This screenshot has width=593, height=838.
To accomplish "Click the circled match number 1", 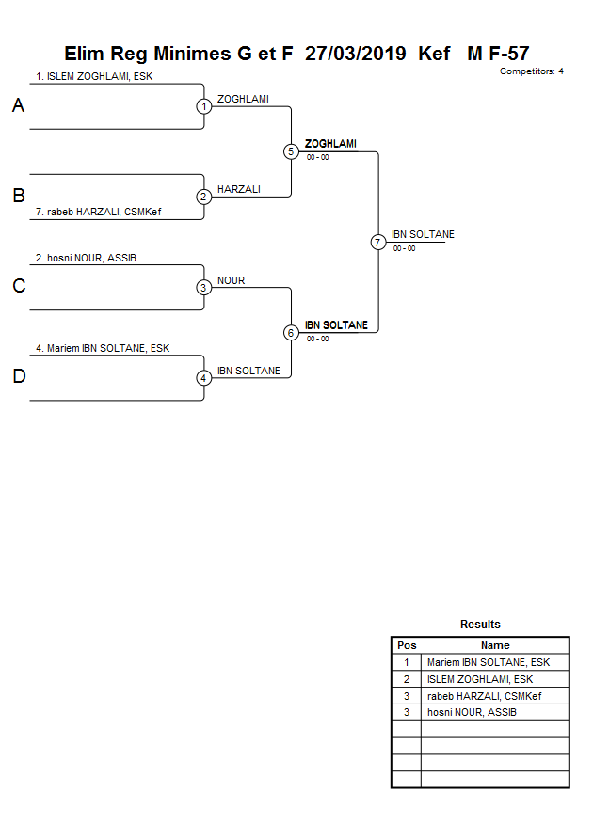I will tap(204, 106).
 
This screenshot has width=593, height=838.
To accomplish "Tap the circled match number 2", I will tap(204, 197).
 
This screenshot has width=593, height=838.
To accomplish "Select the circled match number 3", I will tap(204, 288).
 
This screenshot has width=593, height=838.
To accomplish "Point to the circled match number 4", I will tap(204, 378).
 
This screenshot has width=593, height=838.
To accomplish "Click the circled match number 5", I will tap(291, 151).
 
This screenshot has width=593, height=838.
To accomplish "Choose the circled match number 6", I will tap(291, 333).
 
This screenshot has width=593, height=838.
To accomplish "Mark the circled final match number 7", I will tap(378, 242).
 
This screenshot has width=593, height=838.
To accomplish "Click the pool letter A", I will tap(18, 106).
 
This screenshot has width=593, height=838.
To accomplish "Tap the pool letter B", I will tap(18, 197).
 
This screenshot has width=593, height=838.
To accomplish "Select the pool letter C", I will tap(18, 287).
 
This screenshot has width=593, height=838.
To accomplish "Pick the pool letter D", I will tap(18, 377).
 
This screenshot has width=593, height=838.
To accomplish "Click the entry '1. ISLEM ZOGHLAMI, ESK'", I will tap(94, 76).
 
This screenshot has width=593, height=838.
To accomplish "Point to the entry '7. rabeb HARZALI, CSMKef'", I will tap(98, 213).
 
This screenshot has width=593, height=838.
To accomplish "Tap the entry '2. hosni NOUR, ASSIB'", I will tap(86, 258).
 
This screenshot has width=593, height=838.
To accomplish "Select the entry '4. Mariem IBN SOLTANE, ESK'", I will tap(103, 348).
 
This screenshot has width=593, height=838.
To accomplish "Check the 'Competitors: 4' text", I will tap(531, 71).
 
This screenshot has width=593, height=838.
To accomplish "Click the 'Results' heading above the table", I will tap(480, 625).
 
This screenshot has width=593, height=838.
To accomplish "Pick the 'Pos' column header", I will tap(407, 645).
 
